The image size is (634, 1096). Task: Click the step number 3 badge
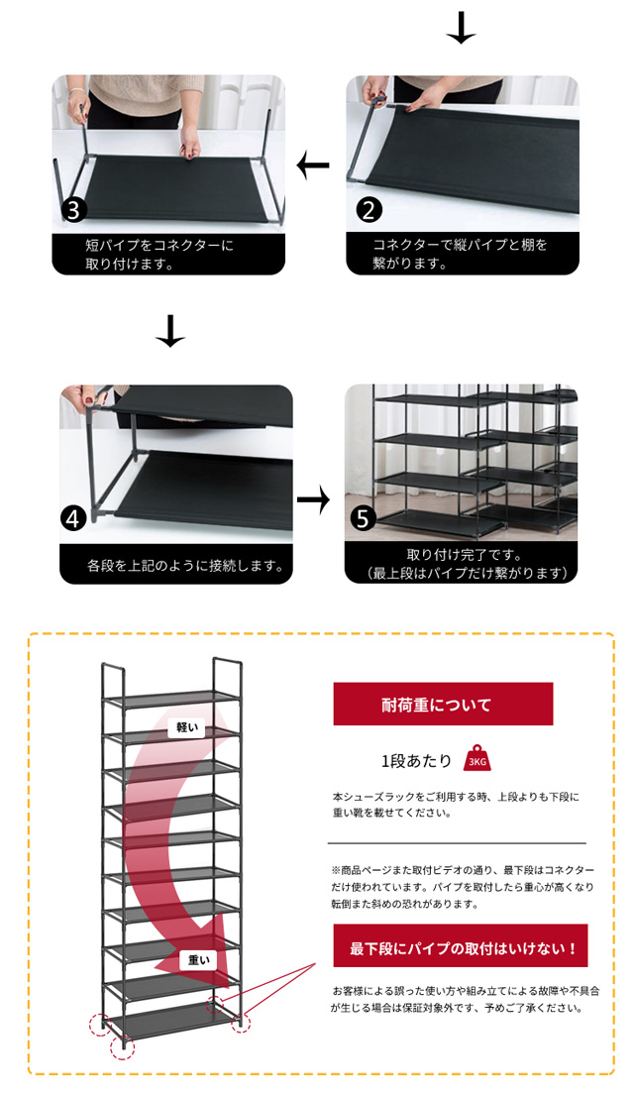point(73,210)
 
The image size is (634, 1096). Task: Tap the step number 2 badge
point(368,210)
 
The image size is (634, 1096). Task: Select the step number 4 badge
point(72,518)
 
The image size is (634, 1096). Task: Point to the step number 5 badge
point(364,518)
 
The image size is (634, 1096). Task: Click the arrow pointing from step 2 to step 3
point(313,165)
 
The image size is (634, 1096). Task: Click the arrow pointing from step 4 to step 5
point(313,500)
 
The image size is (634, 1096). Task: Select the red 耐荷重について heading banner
point(443,705)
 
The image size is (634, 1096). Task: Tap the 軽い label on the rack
point(187,727)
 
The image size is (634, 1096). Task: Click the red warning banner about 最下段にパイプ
point(464,947)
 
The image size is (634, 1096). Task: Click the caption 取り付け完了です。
point(464,554)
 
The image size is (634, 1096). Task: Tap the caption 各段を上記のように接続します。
point(185,567)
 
